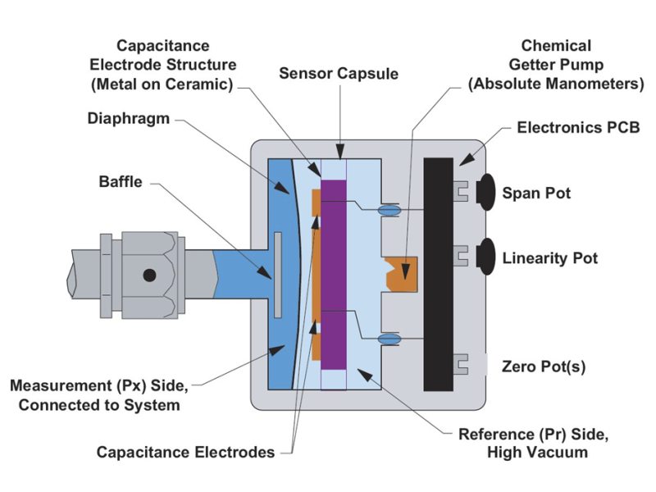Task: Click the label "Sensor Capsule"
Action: (x=338, y=73)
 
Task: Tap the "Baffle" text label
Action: (x=120, y=182)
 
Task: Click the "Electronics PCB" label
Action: (x=571, y=128)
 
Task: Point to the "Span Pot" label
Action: (x=536, y=194)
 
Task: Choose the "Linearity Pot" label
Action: (x=550, y=258)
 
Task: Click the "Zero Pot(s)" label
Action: (x=544, y=366)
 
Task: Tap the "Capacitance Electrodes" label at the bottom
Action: (x=185, y=452)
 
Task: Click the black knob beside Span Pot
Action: (x=485, y=190)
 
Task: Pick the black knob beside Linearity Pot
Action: (x=485, y=255)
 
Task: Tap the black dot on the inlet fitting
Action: (x=150, y=276)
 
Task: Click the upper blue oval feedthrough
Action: (x=389, y=211)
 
